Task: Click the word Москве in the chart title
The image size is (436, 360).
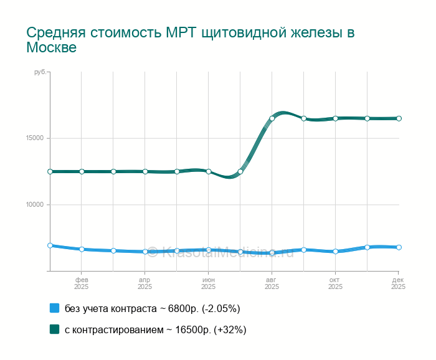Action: coord(51,47)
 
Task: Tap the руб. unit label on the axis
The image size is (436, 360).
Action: coord(40,73)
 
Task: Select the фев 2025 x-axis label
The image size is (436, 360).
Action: coord(82,283)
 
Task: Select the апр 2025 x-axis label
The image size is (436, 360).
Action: coord(145,283)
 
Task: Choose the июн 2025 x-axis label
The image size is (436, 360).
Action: coord(208,283)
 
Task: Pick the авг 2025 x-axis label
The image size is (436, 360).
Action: coord(272,283)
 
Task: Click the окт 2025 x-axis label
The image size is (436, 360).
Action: coord(335,283)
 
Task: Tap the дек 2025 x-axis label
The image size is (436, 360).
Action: coord(398,283)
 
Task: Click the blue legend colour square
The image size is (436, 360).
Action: coord(54,308)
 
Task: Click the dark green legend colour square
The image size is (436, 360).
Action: coord(54,329)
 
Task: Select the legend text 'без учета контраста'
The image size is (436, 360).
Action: coord(110,309)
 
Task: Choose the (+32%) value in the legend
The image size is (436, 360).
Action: coord(230,330)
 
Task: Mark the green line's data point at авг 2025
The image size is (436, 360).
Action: coord(272,118)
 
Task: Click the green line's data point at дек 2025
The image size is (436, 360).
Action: coord(399,118)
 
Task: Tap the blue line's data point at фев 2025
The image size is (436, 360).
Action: coord(82,249)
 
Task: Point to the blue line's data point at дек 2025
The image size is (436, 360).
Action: coord(399,247)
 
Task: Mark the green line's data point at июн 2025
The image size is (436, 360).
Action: coord(209,171)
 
